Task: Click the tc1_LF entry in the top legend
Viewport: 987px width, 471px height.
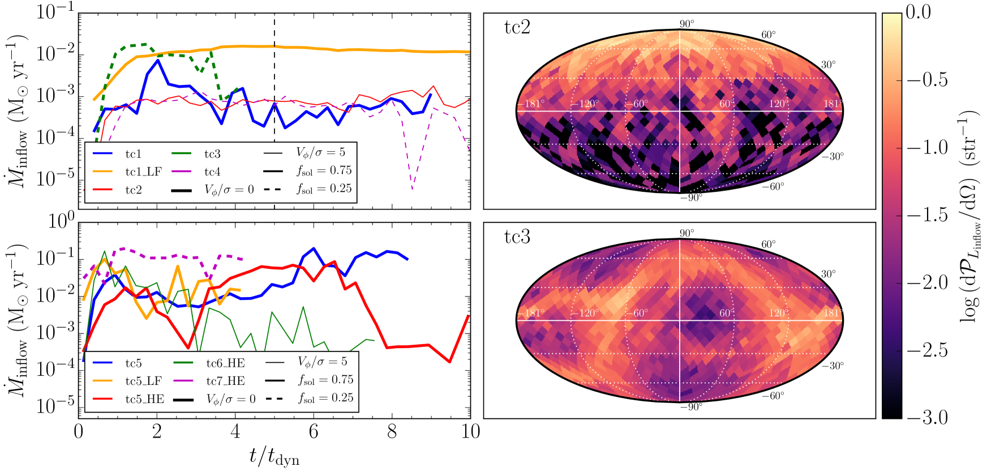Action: (143, 172)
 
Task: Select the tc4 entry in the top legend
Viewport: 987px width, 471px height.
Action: (212, 172)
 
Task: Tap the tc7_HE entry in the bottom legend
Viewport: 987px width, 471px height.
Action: (225, 381)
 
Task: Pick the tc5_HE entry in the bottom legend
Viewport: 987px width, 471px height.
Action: (145, 399)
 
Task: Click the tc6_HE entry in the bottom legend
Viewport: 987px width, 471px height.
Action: (225, 363)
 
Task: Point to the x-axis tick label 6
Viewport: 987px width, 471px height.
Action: (314, 432)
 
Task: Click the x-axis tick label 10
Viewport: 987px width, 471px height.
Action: (470, 432)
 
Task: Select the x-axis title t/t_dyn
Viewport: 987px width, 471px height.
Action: (274, 456)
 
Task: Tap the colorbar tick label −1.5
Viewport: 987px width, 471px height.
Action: (927, 215)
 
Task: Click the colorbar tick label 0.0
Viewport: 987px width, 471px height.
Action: (918, 12)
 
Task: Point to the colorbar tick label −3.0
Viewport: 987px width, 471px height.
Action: (927, 418)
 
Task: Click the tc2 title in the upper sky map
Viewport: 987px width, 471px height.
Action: (517, 27)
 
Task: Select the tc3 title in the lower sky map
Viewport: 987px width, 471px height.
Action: (517, 237)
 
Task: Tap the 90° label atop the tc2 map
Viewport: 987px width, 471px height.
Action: (686, 24)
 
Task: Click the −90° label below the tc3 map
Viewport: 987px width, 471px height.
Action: (691, 406)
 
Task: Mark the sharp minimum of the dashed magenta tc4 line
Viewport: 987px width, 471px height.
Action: (412, 189)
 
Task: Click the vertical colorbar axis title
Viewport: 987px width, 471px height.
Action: (969, 215)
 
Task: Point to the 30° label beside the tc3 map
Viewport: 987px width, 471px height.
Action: (828, 274)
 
